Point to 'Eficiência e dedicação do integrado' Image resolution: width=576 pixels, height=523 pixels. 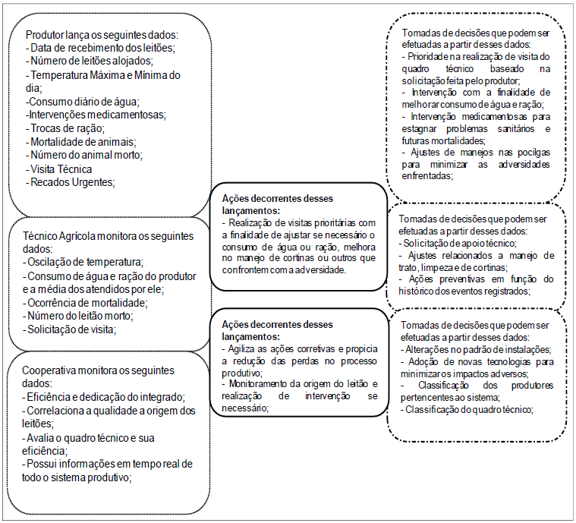(x=105, y=397)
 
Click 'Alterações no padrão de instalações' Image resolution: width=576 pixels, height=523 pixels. (x=476, y=349)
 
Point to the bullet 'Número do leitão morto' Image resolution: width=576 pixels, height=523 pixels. (x=82, y=316)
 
